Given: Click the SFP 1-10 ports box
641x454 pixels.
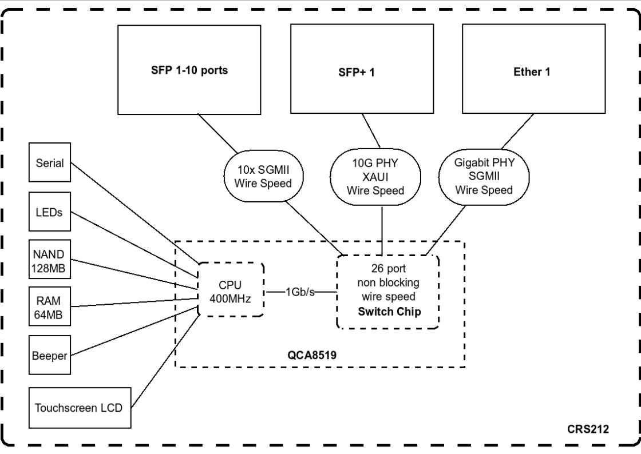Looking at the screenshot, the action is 189,70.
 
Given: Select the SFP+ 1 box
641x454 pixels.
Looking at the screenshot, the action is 362,69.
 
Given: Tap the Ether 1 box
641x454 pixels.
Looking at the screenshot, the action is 533,69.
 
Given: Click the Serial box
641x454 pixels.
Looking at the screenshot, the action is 49,162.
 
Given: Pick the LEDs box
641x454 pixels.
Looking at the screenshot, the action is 49,212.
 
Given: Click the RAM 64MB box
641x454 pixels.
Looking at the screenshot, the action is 49,306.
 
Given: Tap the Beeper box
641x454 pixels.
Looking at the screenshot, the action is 49,355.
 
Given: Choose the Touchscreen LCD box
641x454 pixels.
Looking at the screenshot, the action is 80,408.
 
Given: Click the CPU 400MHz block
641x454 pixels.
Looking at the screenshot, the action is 231,289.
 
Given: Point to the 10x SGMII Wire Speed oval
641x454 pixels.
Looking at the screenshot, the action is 264,176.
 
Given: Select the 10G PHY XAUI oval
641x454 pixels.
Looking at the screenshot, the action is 375,177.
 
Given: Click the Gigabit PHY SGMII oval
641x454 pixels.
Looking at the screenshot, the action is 484,177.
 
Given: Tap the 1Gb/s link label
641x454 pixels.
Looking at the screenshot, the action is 300,292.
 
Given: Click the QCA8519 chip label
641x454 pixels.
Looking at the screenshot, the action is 312,355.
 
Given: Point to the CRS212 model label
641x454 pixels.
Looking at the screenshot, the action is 588,429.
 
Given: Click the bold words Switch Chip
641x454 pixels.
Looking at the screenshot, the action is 389,312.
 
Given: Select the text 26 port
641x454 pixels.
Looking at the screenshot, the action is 389,269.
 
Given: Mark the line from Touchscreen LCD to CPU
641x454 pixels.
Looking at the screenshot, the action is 165,361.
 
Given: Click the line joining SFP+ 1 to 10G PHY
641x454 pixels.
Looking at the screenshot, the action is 371,130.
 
